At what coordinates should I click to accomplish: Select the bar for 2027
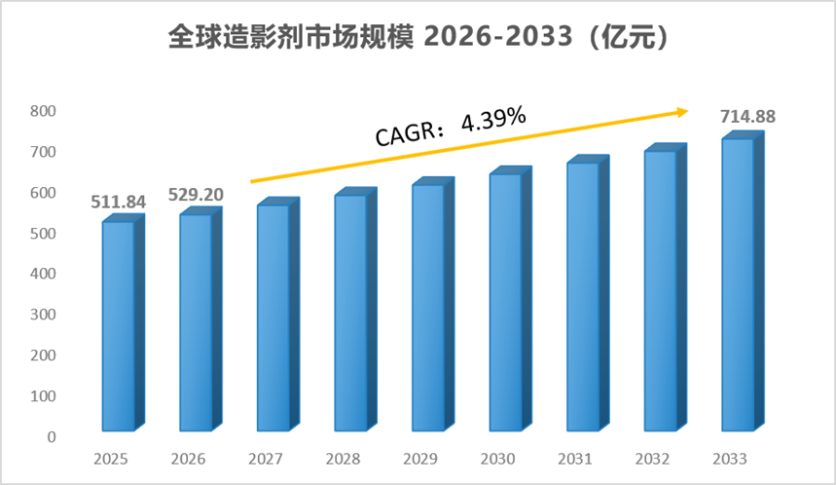[x=277, y=315]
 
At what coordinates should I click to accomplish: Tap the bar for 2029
[x=433, y=304]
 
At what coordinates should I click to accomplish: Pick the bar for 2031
[x=588, y=293]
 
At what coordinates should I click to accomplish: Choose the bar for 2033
[x=743, y=281]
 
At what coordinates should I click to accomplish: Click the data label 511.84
[x=119, y=202]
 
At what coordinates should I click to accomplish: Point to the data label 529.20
[x=196, y=195]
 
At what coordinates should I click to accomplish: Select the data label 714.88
[x=747, y=116]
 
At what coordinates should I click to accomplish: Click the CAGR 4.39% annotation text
[x=451, y=127]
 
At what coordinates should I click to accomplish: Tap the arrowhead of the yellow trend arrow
[x=683, y=112]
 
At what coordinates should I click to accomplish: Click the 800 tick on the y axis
[x=43, y=111]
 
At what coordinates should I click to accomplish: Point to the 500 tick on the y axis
[x=43, y=233]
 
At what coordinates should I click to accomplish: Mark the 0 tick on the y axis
[x=52, y=437]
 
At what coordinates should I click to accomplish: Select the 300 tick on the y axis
[x=43, y=315]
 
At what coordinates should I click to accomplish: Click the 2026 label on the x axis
[x=188, y=459]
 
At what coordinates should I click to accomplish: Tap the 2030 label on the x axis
[x=498, y=459]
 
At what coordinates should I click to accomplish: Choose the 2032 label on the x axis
[x=653, y=459]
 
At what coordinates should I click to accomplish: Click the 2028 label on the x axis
[x=343, y=459]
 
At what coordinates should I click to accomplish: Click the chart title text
[x=418, y=37]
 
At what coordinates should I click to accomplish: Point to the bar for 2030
[x=510, y=299]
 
